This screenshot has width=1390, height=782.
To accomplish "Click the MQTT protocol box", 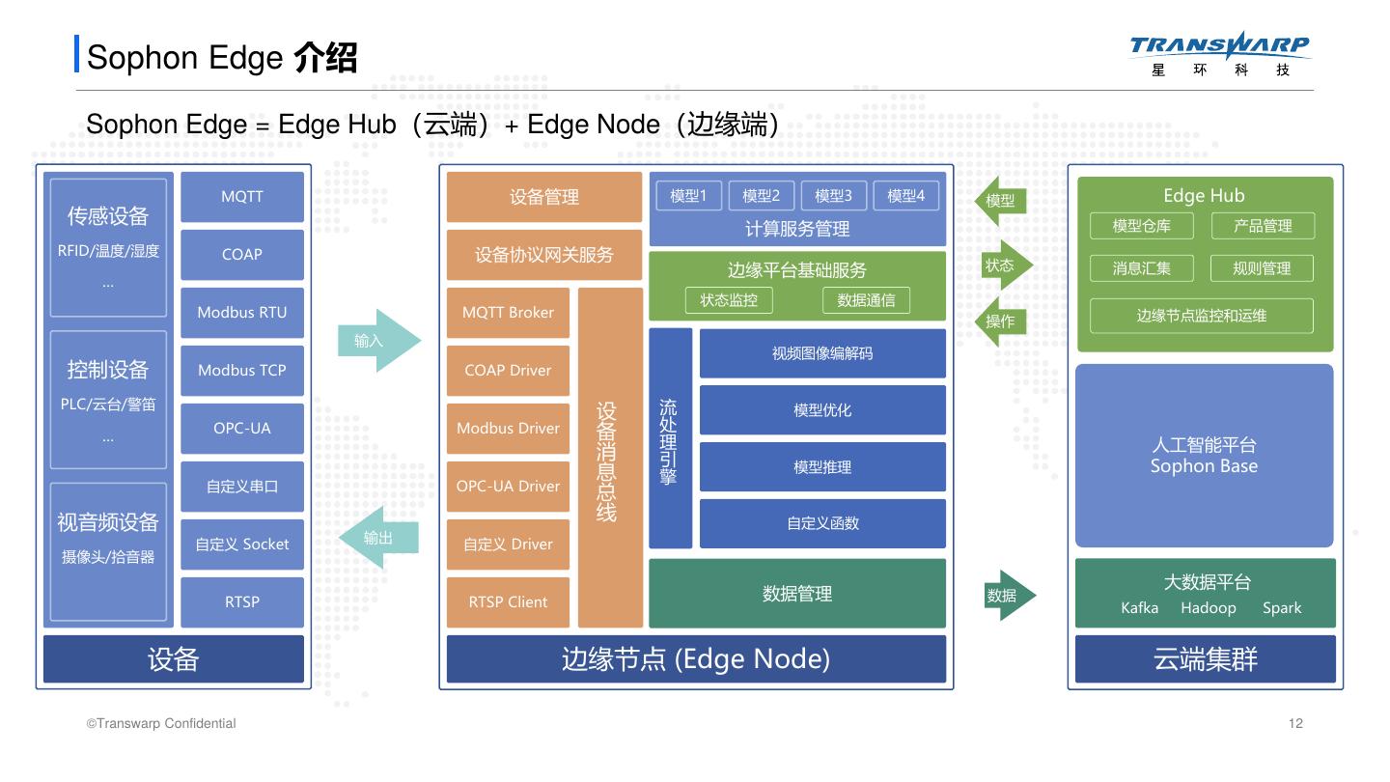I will pyautogui.click(x=242, y=197).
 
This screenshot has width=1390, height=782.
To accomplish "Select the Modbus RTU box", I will pyautogui.click(x=242, y=313).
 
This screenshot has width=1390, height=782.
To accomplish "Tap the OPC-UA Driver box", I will pyautogui.click(x=508, y=487).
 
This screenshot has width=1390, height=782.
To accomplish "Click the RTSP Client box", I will pyautogui.click(x=508, y=602).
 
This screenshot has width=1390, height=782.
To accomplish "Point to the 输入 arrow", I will pyautogui.click(x=377, y=341).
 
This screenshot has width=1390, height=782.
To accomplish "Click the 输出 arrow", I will pyautogui.click(x=378, y=538).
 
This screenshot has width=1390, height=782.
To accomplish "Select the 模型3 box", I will pyautogui.click(x=833, y=196).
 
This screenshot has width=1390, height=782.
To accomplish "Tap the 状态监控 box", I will pyautogui.click(x=729, y=300).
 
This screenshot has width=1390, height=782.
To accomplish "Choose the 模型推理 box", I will pyautogui.click(x=822, y=467).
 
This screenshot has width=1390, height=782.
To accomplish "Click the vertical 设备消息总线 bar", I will pyautogui.click(x=610, y=458).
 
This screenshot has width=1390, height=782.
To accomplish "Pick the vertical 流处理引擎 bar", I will pyautogui.click(x=670, y=438).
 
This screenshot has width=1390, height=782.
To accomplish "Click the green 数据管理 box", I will pyautogui.click(x=797, y=594).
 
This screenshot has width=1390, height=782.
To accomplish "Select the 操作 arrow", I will pyautogui.click(x=1002, y=321).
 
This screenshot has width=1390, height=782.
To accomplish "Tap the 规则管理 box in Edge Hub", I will pyautogui.click(x=1262, y=268).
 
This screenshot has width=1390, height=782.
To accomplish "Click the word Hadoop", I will pyautogui.click(x=1208, y=608).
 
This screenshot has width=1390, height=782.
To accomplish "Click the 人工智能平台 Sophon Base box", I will pyautogui.click(x=1204, y=456).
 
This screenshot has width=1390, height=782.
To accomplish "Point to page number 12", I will pyautogui.click(x=1295, y=724).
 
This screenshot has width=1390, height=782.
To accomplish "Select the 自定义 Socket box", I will pyautogui.click(x=242, y=545).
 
